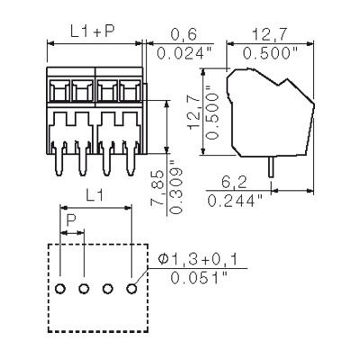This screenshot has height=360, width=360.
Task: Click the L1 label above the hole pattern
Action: point(96,193)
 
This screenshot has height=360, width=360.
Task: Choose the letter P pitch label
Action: point(72,220)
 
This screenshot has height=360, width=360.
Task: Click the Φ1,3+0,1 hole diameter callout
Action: point(202,260)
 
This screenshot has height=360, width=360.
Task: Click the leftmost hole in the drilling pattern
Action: point(60,289)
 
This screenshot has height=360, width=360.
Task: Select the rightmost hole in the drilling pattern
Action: point(131,289)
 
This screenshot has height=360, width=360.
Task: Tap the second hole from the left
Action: point(84,289)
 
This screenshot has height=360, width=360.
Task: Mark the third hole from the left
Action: point(108,289)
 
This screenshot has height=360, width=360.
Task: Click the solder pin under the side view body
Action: point(269,166)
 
